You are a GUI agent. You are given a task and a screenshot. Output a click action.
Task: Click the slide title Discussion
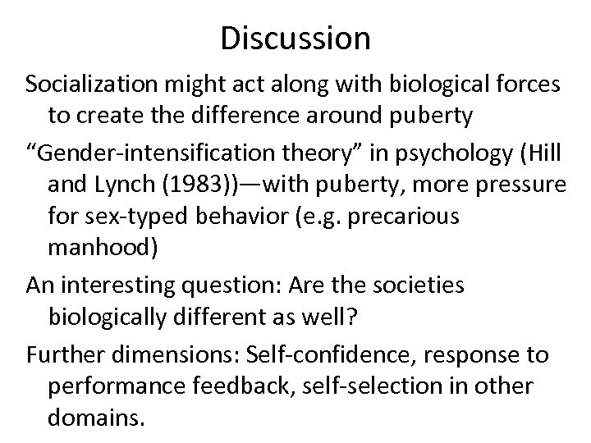295,37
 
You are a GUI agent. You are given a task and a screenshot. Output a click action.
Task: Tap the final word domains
97,419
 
